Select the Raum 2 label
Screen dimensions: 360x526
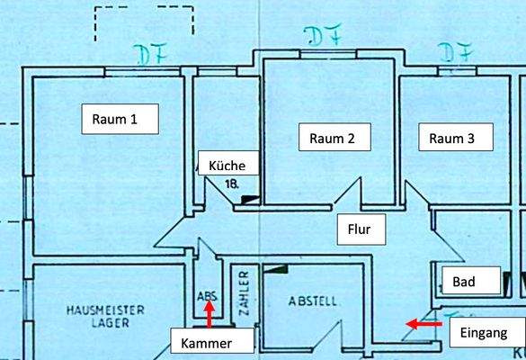tap(333, 139)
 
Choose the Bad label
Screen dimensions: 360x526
tap(464, 282)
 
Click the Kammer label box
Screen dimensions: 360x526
tap(210, 343)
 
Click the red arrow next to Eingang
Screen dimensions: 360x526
tap(423, 322)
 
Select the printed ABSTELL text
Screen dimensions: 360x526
tap(314, 301)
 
